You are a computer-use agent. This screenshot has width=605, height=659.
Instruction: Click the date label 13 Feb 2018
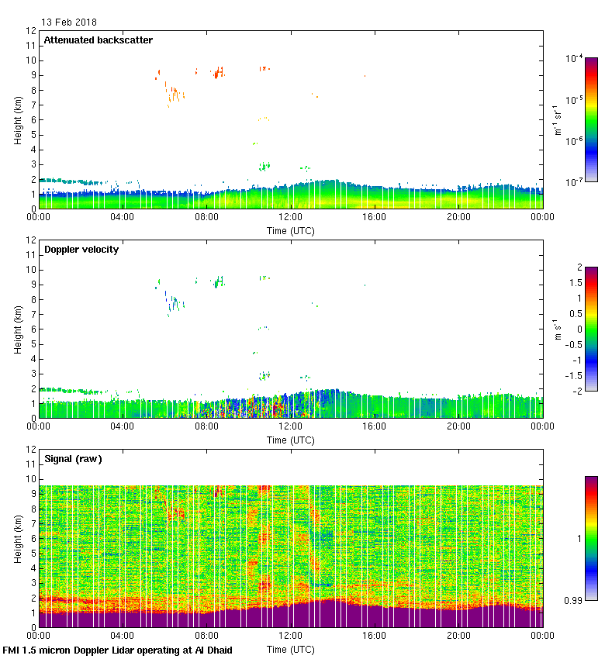pos(69,22)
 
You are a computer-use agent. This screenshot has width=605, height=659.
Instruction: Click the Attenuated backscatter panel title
pos(99,40)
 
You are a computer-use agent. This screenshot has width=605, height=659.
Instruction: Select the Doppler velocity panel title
pos(81,250)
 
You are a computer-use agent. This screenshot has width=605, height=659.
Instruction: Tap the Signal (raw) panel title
pos(73,459)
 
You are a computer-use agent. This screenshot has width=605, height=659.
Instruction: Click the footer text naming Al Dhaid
pos(118,650)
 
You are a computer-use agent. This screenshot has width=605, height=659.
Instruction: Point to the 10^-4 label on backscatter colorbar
pos(575,59)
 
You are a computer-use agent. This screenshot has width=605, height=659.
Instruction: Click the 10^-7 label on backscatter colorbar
pos(575,182)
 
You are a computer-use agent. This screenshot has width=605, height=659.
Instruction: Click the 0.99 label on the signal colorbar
pos(575,599)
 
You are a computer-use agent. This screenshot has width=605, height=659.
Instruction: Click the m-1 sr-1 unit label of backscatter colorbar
pos(558,120)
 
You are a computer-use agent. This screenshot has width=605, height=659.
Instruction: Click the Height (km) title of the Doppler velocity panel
pos(18,329)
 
